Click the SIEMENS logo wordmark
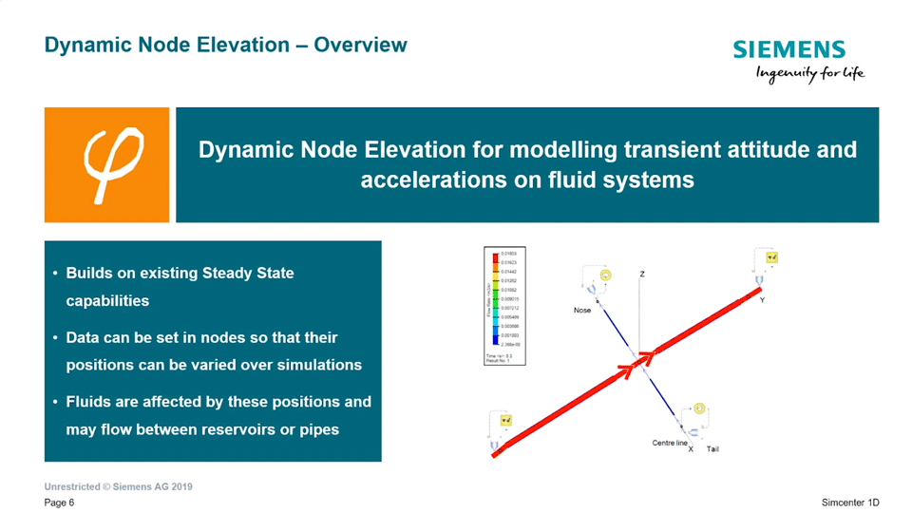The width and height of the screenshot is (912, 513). coord(788,51)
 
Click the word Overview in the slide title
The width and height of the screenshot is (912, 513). coord(361,45)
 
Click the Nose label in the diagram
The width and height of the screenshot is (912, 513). coord(582,311)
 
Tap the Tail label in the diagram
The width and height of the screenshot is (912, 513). coord(712,448)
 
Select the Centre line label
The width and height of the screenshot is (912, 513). coord(669,443)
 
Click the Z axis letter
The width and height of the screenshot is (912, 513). coord(642,275)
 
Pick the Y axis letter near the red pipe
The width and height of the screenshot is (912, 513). coord(762,300)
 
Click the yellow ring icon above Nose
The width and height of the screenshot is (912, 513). coord(605,275)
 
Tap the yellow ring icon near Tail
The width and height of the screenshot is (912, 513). coord(699,409)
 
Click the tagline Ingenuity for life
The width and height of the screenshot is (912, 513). coord(809,75)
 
